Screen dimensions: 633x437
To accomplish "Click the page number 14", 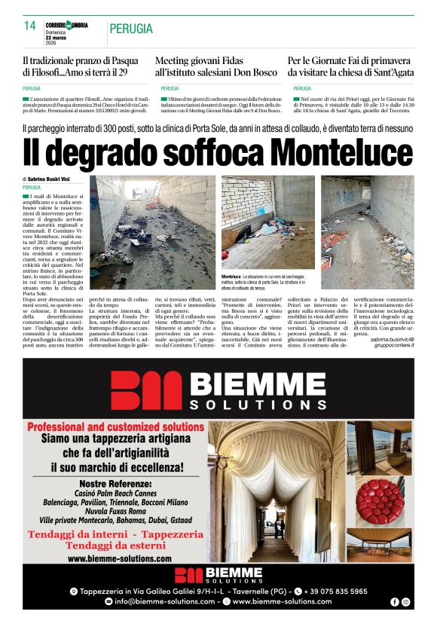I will [30, 26].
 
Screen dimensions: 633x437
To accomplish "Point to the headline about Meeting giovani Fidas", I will [216, 66].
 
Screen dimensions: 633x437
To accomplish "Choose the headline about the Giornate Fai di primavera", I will [350, 66].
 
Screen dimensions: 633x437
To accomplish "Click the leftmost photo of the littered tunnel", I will [152, 232].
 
